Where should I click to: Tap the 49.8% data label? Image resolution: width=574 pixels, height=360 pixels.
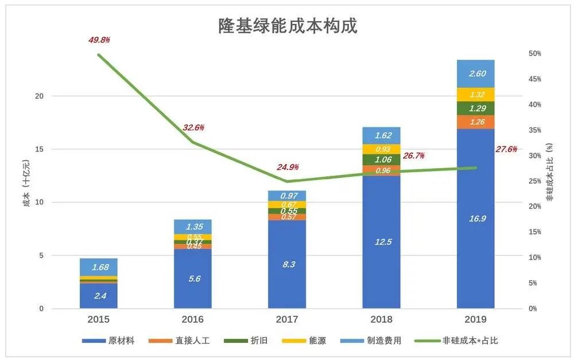pyautogui.click(x=99, y=40)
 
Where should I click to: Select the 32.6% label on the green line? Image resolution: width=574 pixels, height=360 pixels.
pyautogui.click(x=193, y=127)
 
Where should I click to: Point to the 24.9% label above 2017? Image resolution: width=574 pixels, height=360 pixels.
pyautogui.click(x=288, y=167)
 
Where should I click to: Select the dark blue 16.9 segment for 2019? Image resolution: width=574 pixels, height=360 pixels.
pyautogui.click(x=475, y=218)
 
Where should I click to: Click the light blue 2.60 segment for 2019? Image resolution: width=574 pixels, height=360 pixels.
pyautogui.click(x=475, y=73)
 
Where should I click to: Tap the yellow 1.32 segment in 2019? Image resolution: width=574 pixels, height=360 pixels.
pyautogui.click(x=475, y=95)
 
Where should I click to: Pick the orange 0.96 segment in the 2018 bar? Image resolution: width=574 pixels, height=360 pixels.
pyautogui.click(x=381, y=170)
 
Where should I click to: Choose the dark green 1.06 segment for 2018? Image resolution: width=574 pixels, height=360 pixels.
pyautogui.click(x=381, y=160)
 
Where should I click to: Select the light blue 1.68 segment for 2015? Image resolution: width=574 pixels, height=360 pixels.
pyautogui.click(x=99, y=266)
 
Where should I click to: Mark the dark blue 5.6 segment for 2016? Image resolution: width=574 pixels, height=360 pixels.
pyautogui.click(x=193, y=278)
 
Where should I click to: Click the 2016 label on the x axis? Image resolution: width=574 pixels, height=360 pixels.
pyautogui.click(x=193, y=319)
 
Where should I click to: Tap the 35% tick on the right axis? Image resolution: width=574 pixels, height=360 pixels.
pyautogui.click(x=534, y=130)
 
